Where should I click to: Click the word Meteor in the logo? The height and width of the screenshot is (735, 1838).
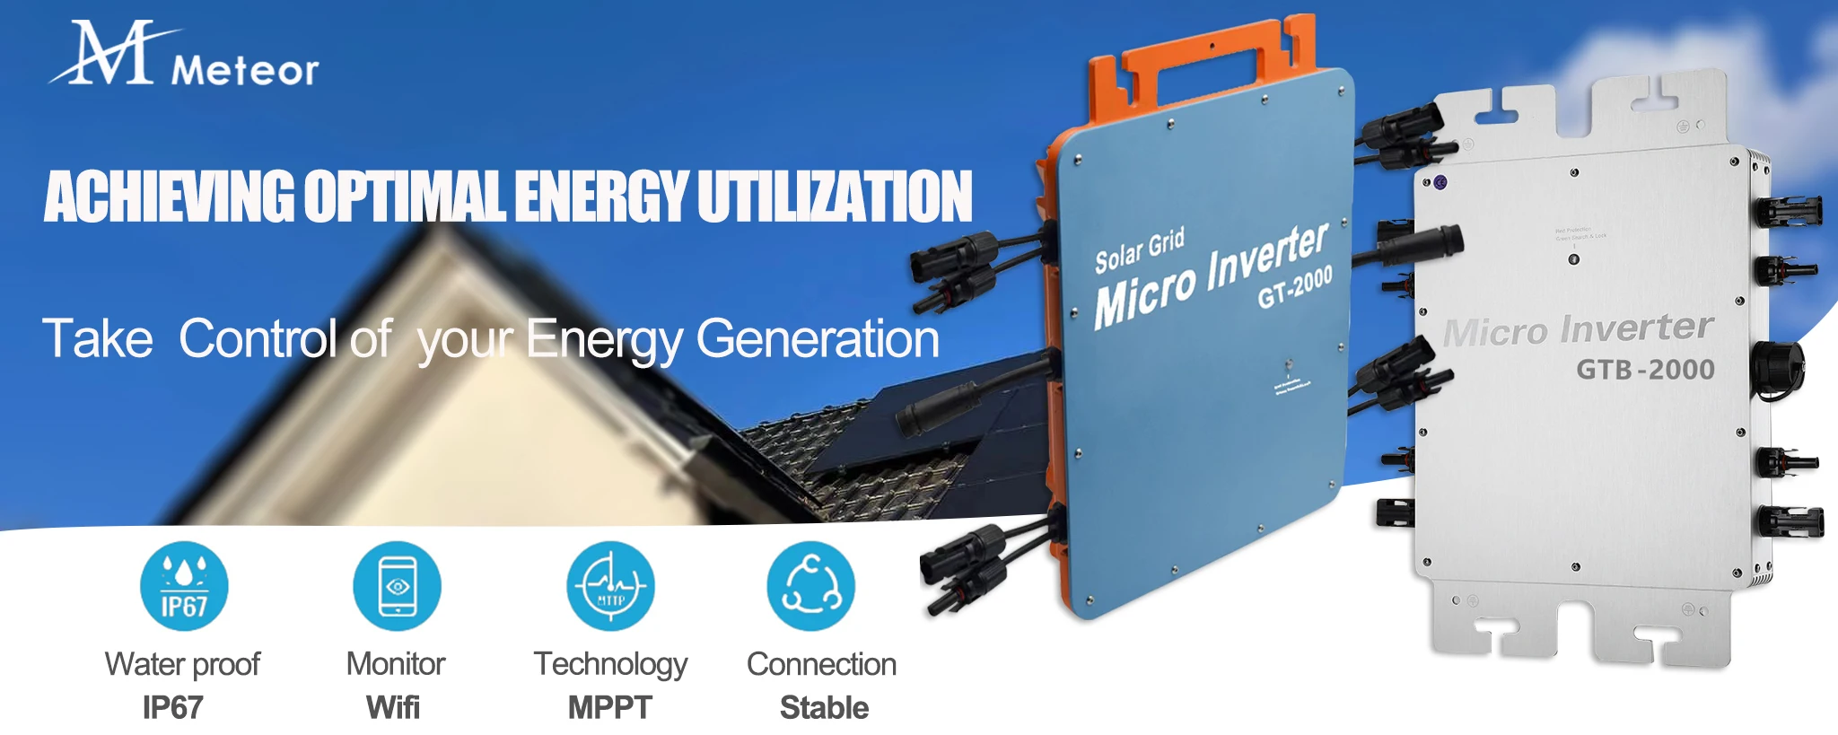point(244,70)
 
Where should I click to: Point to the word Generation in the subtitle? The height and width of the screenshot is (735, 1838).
point(818,339)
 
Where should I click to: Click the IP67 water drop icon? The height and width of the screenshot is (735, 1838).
point(184,586)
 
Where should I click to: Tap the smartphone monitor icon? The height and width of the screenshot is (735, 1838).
point(397,586)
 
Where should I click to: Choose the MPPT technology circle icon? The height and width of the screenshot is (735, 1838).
point(610,586)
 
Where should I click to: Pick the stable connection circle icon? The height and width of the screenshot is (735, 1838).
point(810,586)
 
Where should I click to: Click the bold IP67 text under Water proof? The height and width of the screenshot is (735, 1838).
point(173,707)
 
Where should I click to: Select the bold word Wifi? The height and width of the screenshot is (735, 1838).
point(393,707)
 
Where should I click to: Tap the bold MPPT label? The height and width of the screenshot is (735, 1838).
point(610,707)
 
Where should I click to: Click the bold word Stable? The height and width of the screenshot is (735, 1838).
point(824,707)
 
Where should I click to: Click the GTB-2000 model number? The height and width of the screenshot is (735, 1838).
point(1645,369)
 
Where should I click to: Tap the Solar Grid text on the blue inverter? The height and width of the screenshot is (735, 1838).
point(1140,250)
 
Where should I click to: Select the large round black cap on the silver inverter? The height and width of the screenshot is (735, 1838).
point(1777,369)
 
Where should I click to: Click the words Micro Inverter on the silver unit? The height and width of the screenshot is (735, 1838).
point(1578,329)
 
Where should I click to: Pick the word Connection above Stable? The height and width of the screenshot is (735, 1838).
point(821,664)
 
